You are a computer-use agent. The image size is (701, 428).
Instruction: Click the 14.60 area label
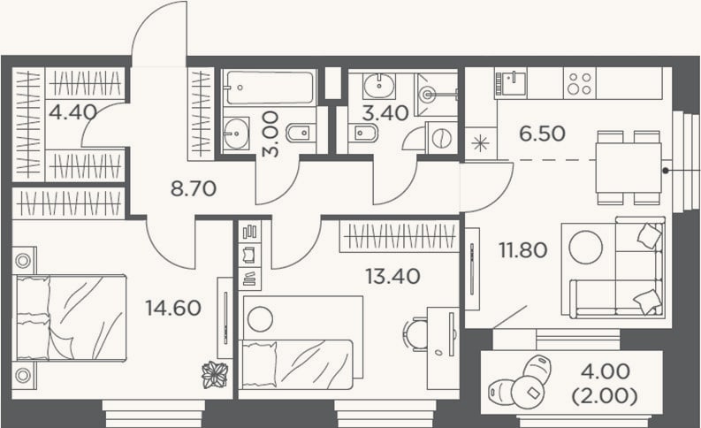tap(173, 308)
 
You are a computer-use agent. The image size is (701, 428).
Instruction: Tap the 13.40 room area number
tap(392, 277)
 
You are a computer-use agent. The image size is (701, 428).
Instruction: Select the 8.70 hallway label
tap(193, 188)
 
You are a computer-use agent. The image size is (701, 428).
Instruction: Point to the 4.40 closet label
tap(72, 112)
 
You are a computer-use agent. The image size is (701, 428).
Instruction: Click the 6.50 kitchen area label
tap(542, 134)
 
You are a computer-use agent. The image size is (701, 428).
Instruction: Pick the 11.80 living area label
tap(523, 250)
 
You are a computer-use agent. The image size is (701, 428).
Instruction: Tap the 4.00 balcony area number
tap(606, 371)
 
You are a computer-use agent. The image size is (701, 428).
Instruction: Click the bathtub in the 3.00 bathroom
tap(270, 88)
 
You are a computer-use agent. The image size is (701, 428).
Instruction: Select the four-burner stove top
tap(579, 83)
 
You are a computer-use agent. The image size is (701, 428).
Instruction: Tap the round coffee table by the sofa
tap(586, 247)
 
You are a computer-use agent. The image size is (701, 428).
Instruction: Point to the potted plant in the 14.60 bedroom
tap(215, 375)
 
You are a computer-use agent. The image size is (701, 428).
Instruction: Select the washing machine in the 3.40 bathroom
tap(441, 137)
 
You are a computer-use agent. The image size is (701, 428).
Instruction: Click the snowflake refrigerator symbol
tap(481, 144)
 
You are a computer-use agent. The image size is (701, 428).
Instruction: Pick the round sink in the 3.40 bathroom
tap(379, 86)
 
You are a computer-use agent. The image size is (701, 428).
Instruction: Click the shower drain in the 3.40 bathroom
tap(429, 95)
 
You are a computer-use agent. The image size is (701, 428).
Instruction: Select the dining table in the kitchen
tap(629, 168)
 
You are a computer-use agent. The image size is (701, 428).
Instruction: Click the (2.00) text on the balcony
tap(605, 396)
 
